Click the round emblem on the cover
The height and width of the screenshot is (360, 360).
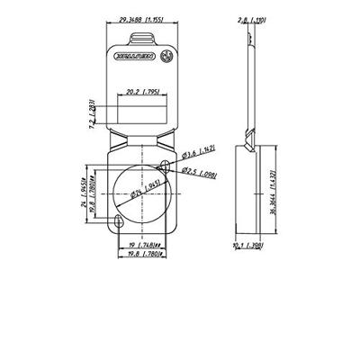click(x=165, y=56)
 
